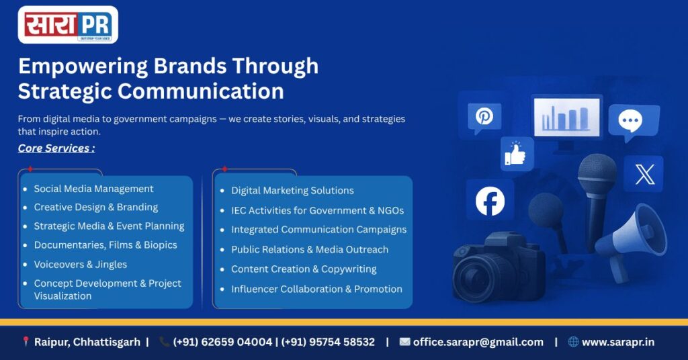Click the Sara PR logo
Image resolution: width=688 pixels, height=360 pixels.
[x=68, y=25]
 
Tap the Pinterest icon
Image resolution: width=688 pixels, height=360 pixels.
[x=484, y=116]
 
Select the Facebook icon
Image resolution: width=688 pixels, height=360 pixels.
[x=490, y=201]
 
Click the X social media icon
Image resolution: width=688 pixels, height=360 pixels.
[x=644, y=174]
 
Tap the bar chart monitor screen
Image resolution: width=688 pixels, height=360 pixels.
[x=566, y=117]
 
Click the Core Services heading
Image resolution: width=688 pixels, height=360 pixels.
[x=56, y=148]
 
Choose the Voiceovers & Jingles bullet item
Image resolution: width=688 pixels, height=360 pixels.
[x=81, y=265]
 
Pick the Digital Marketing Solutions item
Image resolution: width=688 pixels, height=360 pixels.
[x=292, y=190]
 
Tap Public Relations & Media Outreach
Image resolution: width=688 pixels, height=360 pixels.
[x=310, y=249]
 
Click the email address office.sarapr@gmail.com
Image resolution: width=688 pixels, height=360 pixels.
[x=478, y=342]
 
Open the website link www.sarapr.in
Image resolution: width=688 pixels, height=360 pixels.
[x=618, y=342]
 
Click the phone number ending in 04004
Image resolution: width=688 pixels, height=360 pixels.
[x=222, y=342]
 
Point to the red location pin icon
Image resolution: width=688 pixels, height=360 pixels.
[x=26, y=342]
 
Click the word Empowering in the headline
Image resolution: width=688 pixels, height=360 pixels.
[x=83, y=67]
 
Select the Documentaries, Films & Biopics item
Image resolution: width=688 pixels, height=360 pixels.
[x=105, y=245]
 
